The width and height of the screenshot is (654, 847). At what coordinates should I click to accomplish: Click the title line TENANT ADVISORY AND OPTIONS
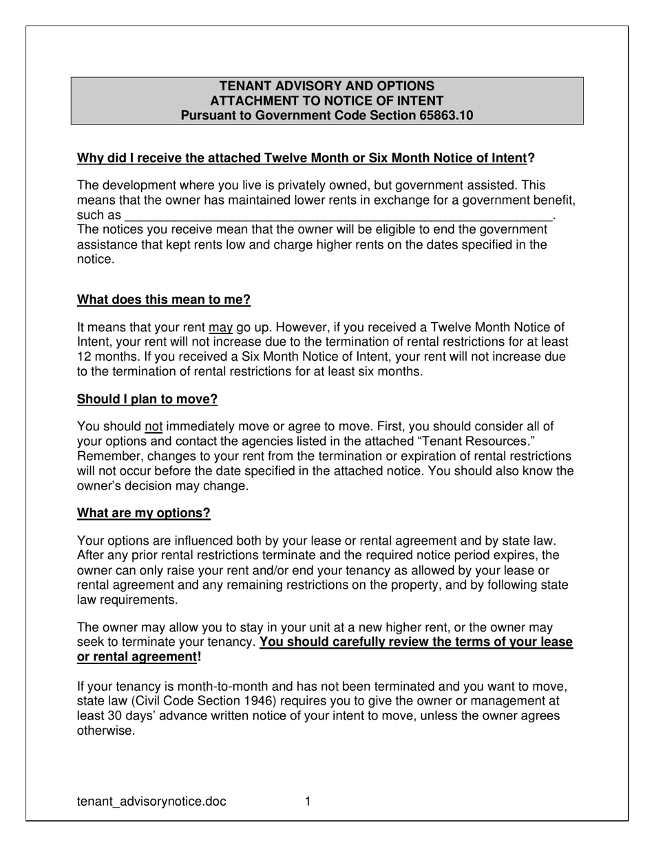[327, 86]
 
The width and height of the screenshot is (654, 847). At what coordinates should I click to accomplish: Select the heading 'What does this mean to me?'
[164, 300]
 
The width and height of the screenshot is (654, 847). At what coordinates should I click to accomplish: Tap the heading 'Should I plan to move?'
[147, 399]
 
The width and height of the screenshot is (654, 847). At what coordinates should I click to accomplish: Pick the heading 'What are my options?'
[143, 513]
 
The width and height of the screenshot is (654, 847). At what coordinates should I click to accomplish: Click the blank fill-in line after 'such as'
[337, 216]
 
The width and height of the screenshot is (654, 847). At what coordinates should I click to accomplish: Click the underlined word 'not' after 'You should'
[154, 427]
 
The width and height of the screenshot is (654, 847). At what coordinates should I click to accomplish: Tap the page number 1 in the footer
[308, 801]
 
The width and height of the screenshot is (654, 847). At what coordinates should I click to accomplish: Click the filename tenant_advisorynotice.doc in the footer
[151, 802]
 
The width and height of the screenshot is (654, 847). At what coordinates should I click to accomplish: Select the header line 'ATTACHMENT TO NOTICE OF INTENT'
[327, 101]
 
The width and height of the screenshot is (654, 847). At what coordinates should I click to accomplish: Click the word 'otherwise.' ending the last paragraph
[105, 731]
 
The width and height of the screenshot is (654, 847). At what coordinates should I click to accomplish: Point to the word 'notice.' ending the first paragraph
[96, 260]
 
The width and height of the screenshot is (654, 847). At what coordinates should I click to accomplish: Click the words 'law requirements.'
[127, 599]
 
